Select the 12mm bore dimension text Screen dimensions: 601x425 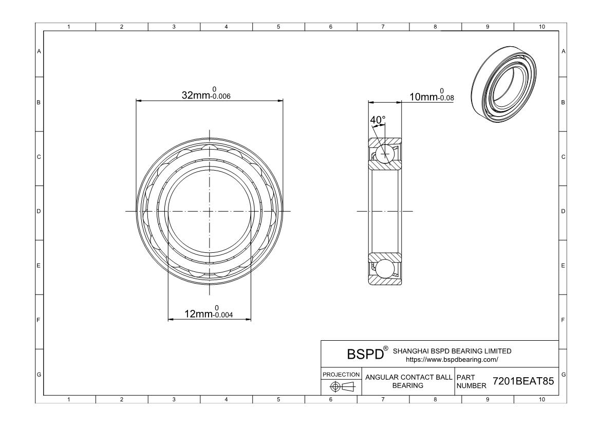209,312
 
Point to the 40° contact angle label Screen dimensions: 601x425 378,120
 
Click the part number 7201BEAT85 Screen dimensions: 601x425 523,381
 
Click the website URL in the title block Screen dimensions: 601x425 452,359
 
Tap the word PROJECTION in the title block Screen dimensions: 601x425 341,374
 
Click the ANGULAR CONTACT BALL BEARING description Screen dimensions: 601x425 408,381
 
